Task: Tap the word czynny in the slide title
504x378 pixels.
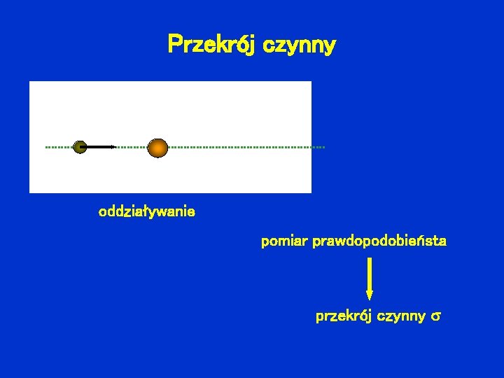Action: point(302,45)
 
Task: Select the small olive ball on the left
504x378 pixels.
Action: point(80,147)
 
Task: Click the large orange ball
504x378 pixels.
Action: point(158,147)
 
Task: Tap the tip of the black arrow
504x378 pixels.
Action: point(115,147)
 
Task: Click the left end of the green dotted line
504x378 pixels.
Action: point(47,147)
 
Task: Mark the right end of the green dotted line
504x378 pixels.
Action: point(324,147)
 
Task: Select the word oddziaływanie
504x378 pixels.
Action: point(147,211)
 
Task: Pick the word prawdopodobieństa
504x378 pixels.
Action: point(380,242)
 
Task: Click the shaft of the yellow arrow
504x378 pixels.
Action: point(370,273)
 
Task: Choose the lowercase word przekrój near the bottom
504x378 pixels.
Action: point(344,316)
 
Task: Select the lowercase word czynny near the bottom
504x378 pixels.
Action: point(401,316)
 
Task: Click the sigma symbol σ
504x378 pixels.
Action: point(435,317)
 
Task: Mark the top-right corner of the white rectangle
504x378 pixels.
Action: point(311,81)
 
